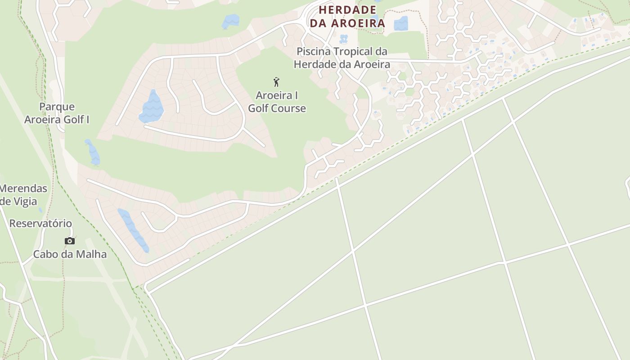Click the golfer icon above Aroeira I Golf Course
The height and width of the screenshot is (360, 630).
click(x=276, y=82)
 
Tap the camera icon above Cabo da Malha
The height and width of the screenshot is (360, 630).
click(x=69, y=241)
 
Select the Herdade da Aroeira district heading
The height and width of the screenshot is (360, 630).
click(x=347, y=16)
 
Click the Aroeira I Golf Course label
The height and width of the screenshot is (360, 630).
click(x=277, y=102)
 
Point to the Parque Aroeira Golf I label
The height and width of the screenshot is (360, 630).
click(x=57, y=113)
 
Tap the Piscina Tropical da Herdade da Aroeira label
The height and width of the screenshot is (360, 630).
click(x=342, y=58)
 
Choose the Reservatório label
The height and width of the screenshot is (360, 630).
click(x=40, y=223)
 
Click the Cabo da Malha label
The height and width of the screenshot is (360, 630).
click(x=70, y=254)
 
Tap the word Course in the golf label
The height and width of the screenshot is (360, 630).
click(x=290, y=108)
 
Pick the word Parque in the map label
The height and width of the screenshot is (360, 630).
click(x=57, y=107)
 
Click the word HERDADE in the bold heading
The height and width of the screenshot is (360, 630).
click(x=347, y=9)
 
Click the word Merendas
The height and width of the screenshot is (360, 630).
click(x=23, y=188)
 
